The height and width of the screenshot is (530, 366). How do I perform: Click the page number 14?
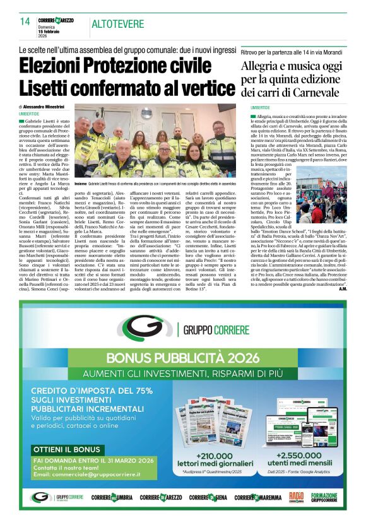(25, 21)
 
